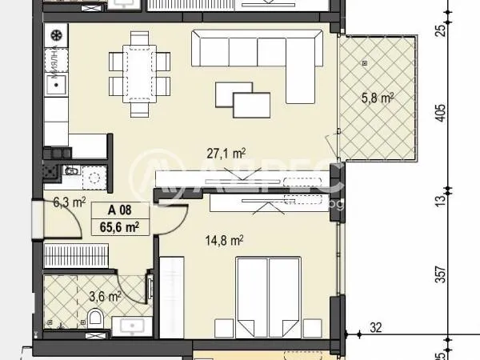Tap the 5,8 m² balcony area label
(x=377, y=99)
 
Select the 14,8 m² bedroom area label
(x=226, y=239)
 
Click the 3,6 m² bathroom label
(x=105, y=295)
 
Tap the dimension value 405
(x=439, y=114)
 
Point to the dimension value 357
(x=439, y=274)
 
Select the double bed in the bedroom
(x=268, y=296)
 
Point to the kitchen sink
(x=57, y=83)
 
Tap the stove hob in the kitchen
(x=58, y=36)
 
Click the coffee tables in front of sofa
(x=242, y=99)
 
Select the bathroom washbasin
(x=132, y=325)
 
